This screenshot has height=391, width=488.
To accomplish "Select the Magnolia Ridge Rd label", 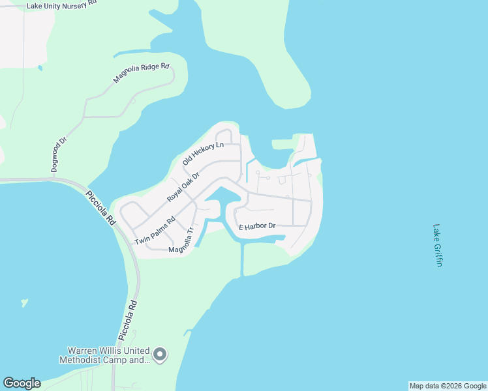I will (141, 73).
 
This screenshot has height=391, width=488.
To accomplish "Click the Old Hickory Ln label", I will (203, 153).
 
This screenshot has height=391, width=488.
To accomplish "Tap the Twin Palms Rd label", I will (155, 230).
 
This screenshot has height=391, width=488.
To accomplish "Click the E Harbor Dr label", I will (257, 227).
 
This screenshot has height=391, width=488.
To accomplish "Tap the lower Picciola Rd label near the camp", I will (129, 320).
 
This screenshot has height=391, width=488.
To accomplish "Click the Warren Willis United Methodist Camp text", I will (105, 355).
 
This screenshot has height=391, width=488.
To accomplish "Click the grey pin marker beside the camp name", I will (160, 355).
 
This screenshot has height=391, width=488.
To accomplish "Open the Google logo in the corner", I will (22, 383).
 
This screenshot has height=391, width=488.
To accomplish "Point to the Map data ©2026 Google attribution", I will (448, 386).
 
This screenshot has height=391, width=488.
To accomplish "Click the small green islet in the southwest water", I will (25, 302).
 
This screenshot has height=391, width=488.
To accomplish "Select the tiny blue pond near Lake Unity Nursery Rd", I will (40, 68).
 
